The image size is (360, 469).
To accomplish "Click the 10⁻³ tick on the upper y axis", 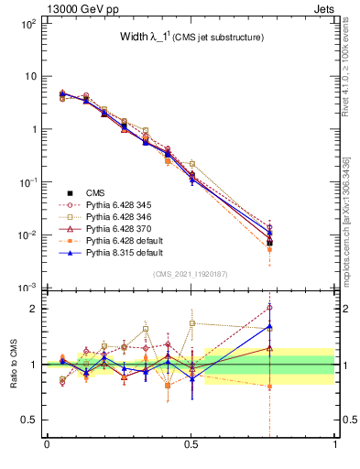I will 27,288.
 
